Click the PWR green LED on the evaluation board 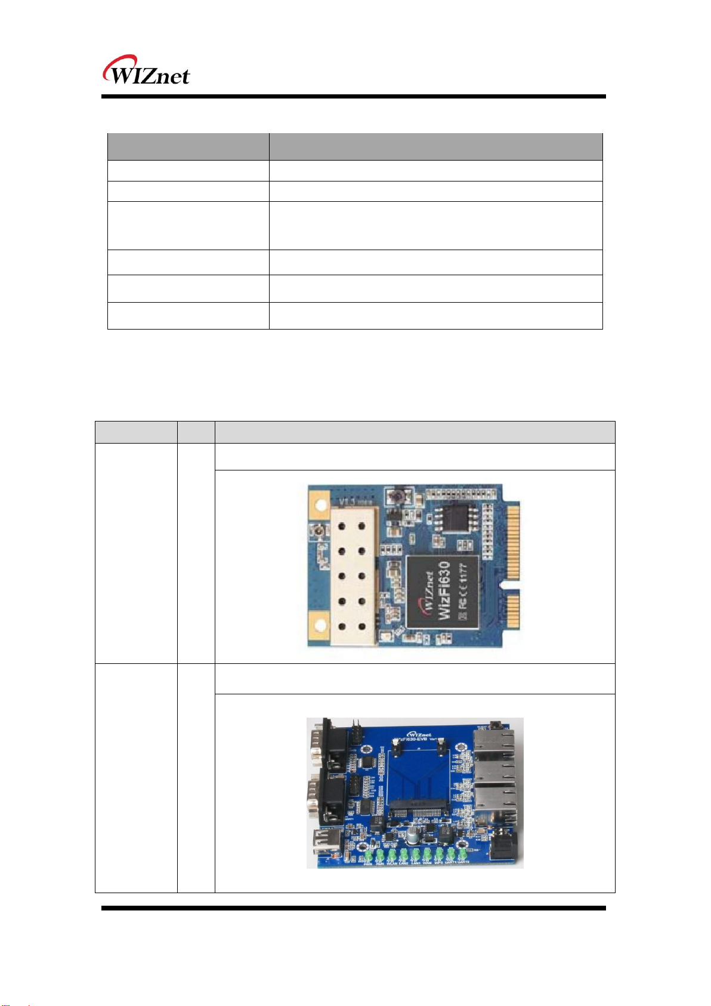(367, 855)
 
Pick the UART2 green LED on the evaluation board (463, 854)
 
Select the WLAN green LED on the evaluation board (392, 854)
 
